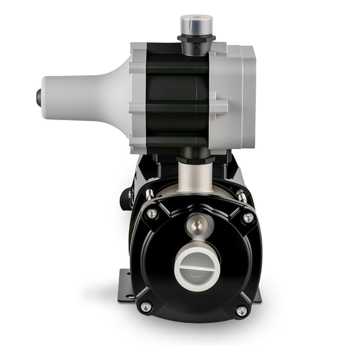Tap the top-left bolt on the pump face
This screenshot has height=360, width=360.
tap(152, 213)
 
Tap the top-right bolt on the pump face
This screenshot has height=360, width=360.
tap(248, 218)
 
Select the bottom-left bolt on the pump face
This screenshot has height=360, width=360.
tap(147, 307)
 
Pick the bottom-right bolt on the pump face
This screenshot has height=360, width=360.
tap(241, 311)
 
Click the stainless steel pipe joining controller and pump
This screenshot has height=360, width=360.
tap(195, 177)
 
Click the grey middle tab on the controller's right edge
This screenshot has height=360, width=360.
tap(219, 107)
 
